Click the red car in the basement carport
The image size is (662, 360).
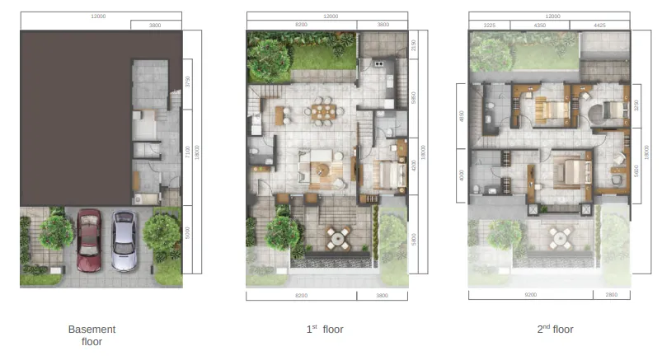89,241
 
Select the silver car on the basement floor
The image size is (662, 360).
124,241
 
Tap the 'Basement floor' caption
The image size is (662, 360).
92,335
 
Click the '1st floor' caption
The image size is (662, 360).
325,330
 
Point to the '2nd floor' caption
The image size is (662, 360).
555,330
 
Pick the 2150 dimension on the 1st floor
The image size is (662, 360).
413,45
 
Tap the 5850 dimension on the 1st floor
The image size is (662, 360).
413,98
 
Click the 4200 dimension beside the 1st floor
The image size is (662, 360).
413,166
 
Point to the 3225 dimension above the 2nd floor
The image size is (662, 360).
489,26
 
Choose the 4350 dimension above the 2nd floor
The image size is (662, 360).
539,26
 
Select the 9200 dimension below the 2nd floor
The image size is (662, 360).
530,294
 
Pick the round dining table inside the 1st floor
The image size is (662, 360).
323,109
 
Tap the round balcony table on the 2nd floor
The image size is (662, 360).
561,239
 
